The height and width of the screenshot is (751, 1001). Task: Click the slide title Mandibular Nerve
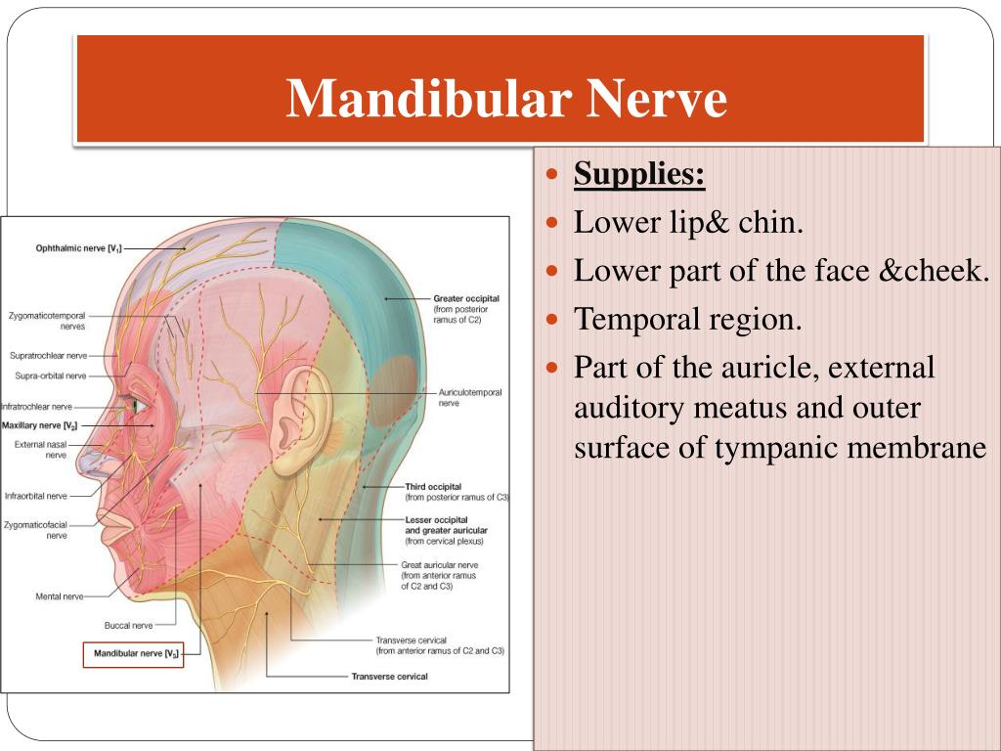tap(506, 99)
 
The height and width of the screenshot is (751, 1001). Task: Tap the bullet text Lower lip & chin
tap(688, 223)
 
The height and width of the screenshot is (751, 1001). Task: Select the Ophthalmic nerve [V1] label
tap(77, 248)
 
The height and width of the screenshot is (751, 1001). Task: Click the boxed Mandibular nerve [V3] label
tap(134, 652)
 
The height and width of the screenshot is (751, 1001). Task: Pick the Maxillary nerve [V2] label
tap(39, 425)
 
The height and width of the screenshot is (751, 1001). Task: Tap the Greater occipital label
tap(467, 298)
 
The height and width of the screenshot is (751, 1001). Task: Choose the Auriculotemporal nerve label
tap(469, 393)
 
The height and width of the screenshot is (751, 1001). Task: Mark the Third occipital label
tap(433, 486)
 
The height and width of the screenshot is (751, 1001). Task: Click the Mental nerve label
tap(59, 596)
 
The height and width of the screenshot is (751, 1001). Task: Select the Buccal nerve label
tap(129, 625)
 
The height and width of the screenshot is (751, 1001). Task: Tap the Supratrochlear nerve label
tap(49, 355)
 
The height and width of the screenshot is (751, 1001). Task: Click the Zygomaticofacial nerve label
tap(35, 524)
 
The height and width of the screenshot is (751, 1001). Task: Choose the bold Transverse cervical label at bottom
tap(389, 677)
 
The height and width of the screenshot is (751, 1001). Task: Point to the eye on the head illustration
tap(137, 404)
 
